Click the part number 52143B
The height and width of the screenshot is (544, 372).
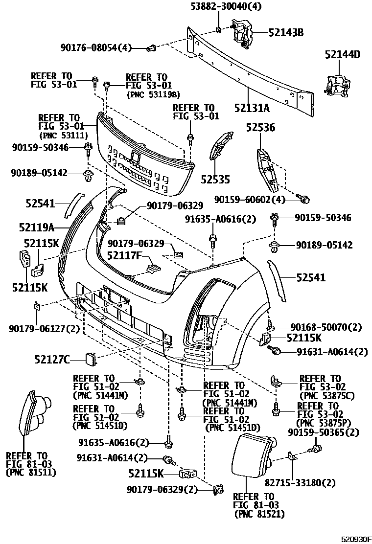(286, 33)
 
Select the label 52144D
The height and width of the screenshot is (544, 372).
(342, 55)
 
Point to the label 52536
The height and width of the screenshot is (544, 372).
(260, 128)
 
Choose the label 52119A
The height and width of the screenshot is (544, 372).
(36, 227)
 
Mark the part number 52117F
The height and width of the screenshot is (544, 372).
(124, 255)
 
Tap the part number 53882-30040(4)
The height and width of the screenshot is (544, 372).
(219, 6)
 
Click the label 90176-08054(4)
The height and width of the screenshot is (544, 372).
(96, 47)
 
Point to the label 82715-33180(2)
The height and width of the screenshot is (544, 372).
(300, 483)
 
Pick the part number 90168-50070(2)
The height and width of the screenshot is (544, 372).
(326, 326)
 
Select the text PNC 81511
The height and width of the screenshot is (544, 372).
(30, 473)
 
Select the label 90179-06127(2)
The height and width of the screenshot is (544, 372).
(44, 329)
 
